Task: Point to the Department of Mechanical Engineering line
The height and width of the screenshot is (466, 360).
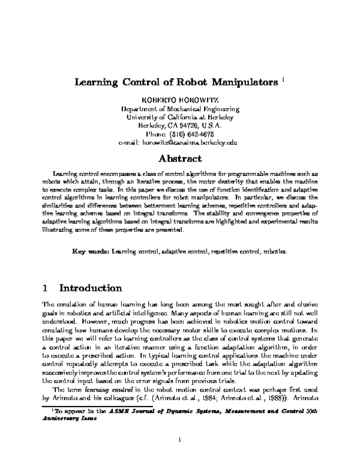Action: [x=179, y=109]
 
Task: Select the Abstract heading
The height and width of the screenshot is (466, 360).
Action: [x=179, y=160]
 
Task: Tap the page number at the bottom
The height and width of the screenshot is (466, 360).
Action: [x=179, y=440]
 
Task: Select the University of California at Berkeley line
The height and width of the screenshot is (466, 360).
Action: [x=179, y=118]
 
